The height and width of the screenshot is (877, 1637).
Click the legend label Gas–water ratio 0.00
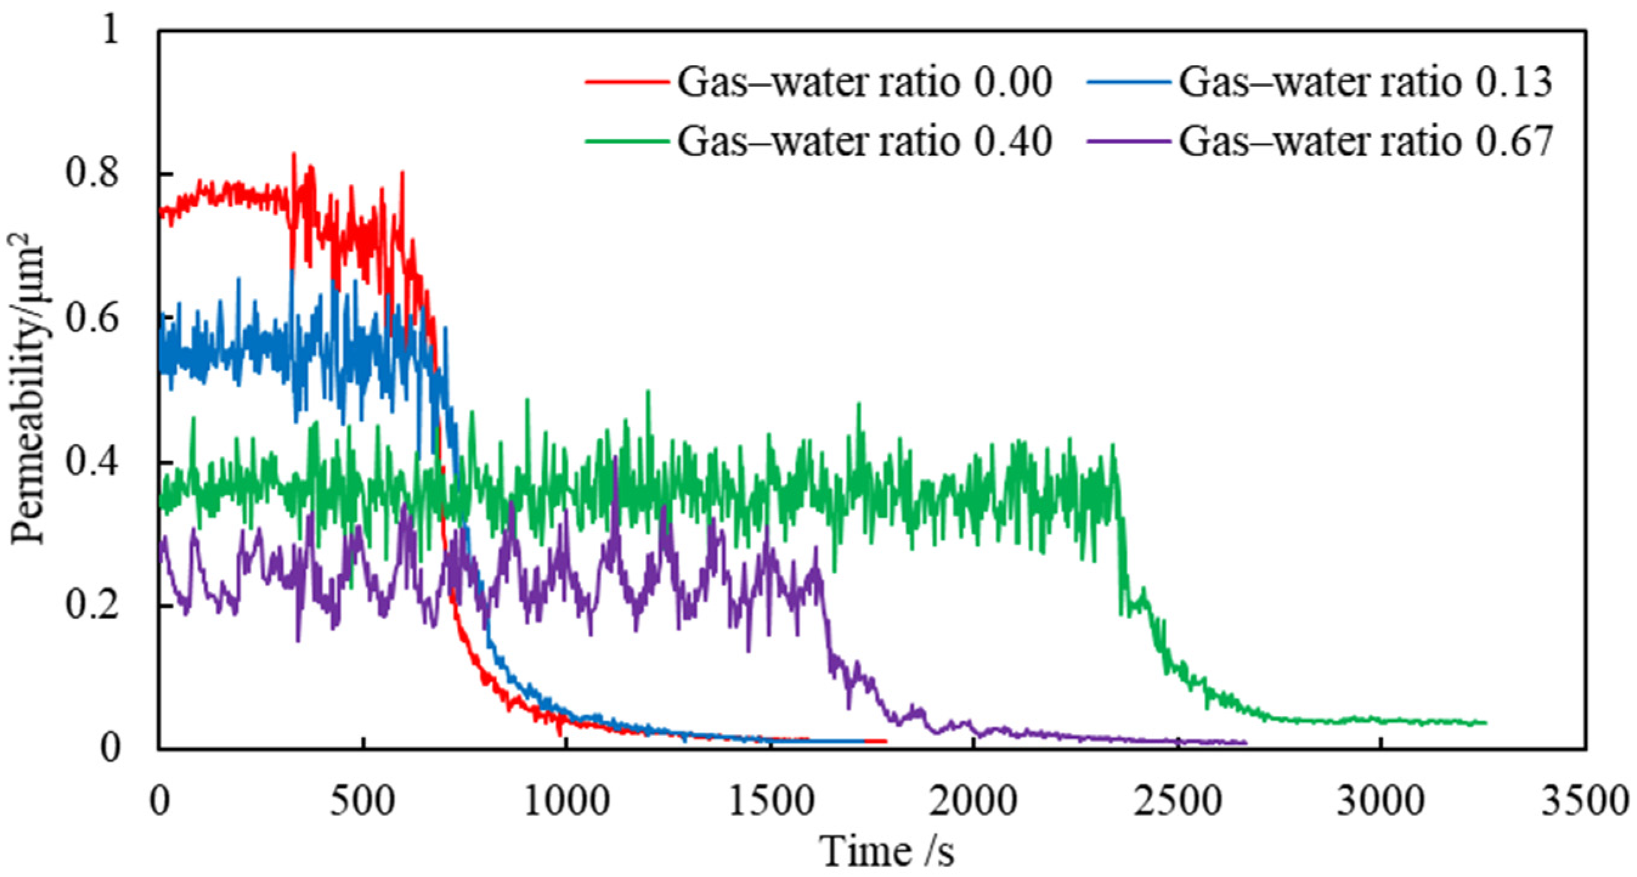pos(864,83)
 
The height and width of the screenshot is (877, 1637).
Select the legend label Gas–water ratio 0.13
pos(1366,83)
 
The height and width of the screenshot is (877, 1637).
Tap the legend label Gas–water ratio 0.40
pos(864,141)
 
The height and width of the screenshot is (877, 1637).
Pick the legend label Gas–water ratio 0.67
pos(1366,141)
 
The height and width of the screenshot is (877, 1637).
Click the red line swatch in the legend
pos(627,83)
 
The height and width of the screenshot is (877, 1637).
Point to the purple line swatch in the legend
pos(1129,141)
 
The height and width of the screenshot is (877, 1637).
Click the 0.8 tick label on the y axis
pos(92,174)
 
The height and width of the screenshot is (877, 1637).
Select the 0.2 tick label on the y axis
pos(92,606)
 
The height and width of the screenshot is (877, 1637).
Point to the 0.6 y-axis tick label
pos(92,318)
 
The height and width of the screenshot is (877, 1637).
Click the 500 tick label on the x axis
pos(362,802)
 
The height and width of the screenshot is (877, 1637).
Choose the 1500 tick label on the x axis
pos(770,802)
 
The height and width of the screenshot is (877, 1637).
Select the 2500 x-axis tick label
pos(1178,802)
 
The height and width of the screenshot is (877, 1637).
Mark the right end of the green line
pos(1486,723)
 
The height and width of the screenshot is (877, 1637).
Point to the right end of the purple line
pos(1246,742)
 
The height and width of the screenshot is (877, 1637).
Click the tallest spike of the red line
pos(293,154)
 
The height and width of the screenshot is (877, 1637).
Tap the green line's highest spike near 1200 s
pos(648,391)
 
